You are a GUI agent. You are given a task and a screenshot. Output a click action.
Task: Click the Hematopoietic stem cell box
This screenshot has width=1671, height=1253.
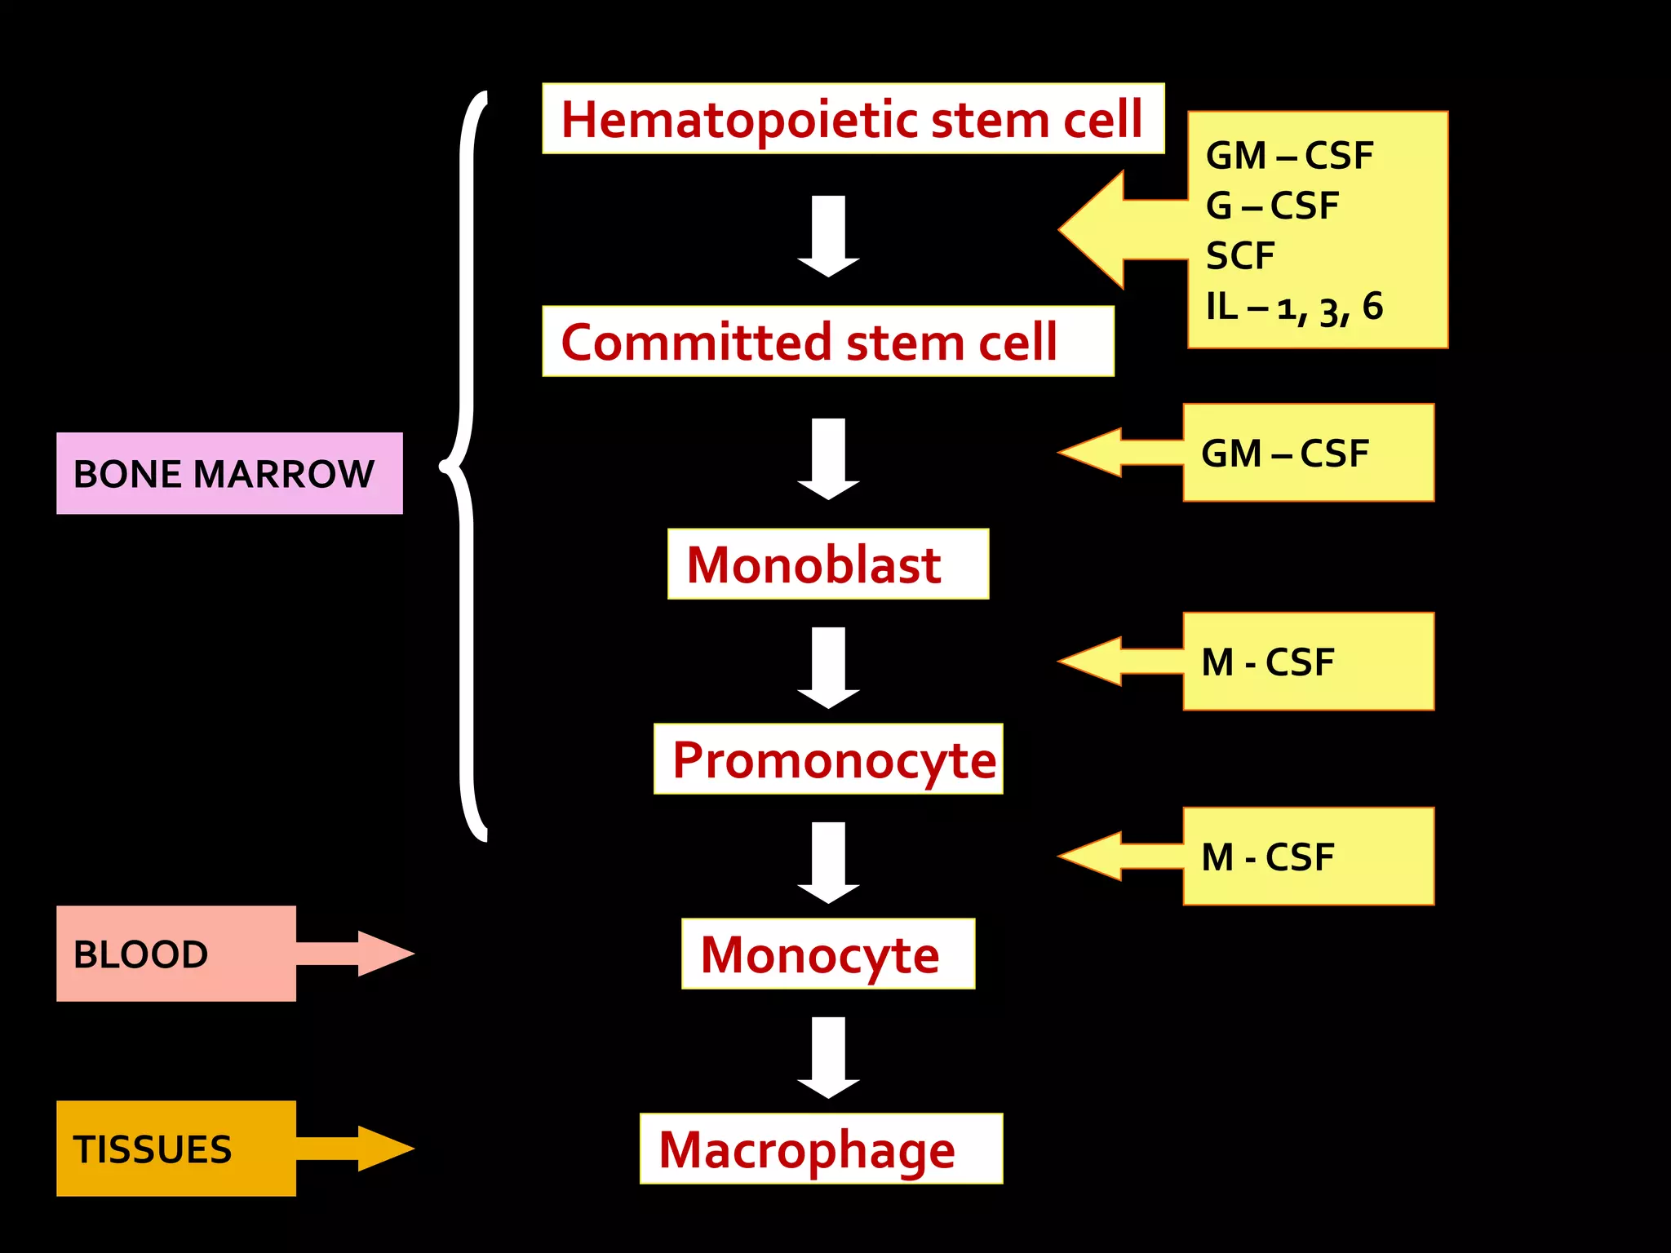pyautogui.click(x=853, y=119)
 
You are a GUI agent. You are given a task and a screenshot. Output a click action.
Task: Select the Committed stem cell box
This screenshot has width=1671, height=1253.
pyautogui.click(x=827, y=341)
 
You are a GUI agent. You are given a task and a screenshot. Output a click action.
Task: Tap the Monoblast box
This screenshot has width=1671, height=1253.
pyautogui.click(x=827, y=565)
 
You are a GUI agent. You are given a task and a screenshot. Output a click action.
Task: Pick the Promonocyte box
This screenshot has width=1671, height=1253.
pyautogui.click(x=827, y=759)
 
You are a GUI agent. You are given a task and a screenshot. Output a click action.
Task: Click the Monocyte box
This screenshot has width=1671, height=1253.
pyautogui.click(x=827, y=954)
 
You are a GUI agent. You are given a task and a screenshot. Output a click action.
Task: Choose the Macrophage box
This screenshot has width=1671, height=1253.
pyautogui.click(x=820, y=1149)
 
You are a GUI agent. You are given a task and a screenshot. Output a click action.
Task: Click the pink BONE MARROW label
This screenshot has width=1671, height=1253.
pyautogui.click(x=228, y=474)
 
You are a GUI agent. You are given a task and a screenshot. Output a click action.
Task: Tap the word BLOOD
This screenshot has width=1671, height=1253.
pyautogui.click(x=140, y=954)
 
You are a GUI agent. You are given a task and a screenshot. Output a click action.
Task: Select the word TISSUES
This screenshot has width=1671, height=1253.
pyautogui.click(x=153, y=1149)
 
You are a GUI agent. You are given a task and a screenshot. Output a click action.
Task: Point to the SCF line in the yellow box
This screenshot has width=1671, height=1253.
pyautogui.click(x=1240, y=256)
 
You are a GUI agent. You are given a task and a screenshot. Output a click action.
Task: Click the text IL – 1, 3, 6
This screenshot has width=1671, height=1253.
pyautogui.click(x=1294, y=308)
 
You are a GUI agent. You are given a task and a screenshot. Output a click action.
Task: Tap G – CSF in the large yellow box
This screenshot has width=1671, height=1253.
pyautogui.click(x=1272, y=206)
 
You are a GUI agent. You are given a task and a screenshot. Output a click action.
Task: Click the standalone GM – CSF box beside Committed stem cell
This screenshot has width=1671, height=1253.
pyautogui.click(x=1307, y=454)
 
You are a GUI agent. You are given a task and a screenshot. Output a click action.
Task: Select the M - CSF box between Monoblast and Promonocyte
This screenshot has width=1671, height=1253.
pyautogui.click(x=1307, y=662)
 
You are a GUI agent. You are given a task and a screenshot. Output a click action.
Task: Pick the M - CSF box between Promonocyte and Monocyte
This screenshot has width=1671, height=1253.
pyautogui.click(x=1307, y=857)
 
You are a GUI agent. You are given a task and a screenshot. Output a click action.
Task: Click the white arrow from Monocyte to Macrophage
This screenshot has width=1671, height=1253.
pyautogui.click(x=828, y=1056)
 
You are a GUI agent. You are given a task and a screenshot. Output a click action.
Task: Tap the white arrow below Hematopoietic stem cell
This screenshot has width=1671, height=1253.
pyautogui.click(x=828, y=235)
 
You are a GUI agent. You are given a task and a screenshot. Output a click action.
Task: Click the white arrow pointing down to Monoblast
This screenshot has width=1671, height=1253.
pyautogui.click(x=828, y=458)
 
